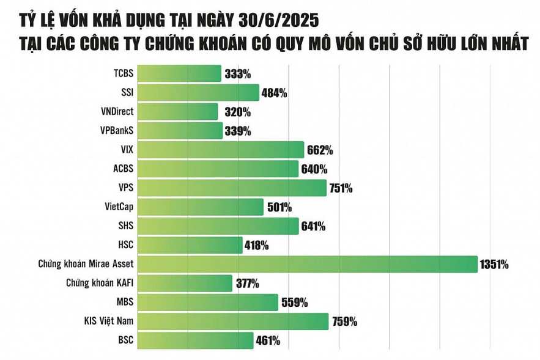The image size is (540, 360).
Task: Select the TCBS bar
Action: tap(179, 74)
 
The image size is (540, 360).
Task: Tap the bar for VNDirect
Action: tap(177, 112)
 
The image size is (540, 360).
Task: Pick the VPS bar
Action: tap(232, 188)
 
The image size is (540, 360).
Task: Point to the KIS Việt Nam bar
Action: tap(233, 321)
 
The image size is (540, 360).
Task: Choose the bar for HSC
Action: tap(190, 245)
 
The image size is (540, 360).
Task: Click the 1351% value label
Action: tap(495, 265)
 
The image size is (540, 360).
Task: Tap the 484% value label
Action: tap(274, 94)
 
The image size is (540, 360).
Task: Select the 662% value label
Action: tap(319, 150)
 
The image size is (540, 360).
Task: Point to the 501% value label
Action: tap(279, 207)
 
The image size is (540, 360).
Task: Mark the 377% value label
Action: tap(246, 284)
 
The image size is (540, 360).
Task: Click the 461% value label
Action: tap(267, 340)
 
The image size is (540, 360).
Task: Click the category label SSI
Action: tap(127, 93)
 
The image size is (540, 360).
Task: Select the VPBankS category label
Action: tap(116, 131)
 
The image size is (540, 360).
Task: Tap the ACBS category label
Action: tap(123, 169)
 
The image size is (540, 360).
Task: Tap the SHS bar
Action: tap(218, 226)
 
